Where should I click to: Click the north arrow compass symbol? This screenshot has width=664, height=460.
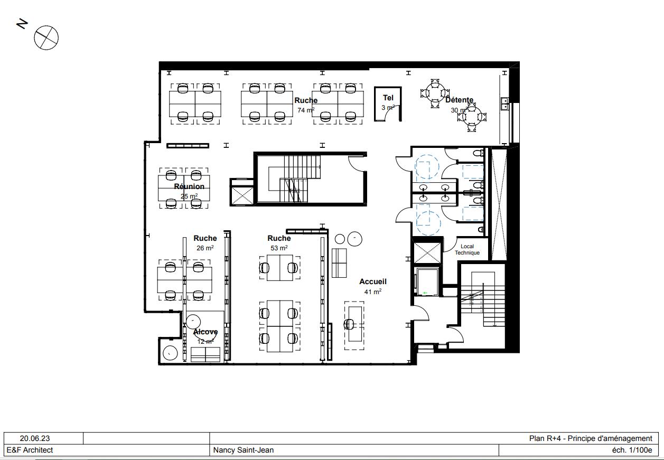pyautogui.click(x=46, y=38)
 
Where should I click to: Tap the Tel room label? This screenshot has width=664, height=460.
pyautogui.click(x=388, y=98)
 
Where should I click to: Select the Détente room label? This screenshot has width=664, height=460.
pyautogui.click(x=459, y=100)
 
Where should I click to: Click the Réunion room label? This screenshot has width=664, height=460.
pyautogui.click(x=189, y=186)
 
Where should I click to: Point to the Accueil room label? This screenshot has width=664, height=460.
pyautogui.click(x=373, y=281)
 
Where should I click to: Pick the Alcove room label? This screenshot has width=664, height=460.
pyautogui.click(x=205, y=332)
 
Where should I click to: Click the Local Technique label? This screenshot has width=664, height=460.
pyautogui.click(x=467, y=249)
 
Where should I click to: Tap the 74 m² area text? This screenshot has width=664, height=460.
pyautogui.click(x=306, y=110)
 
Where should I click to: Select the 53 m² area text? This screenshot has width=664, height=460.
pyautogui.click(x=279, y=248)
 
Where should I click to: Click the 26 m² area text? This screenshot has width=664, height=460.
pyautogui.click(x=205, y=248)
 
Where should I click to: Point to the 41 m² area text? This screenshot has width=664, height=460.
pyautogui.click(x=373, y=292)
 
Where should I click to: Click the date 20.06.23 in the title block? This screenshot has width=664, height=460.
pyautogui.click(x=35, y=438)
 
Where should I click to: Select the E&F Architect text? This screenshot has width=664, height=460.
pyautogui.click(x=30, y=450)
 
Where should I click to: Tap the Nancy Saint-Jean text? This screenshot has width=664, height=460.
pyautogui.click(x=244, y=450)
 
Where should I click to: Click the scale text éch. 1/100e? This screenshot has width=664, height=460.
pyautogui.click(x=632, y=450)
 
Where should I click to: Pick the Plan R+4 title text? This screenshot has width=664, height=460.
pyautogui.click(x=591, y=438)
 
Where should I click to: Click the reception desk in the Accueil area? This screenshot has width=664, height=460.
pyautogui.click(x=354, y=325)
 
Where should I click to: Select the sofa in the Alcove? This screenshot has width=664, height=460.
pyautogui.click(x=205, y=355)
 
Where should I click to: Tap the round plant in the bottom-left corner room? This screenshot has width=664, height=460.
pyautogui.click(x=170, y=352)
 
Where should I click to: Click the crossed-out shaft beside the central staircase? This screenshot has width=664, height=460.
pyautogui.click(x=242, y=194)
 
